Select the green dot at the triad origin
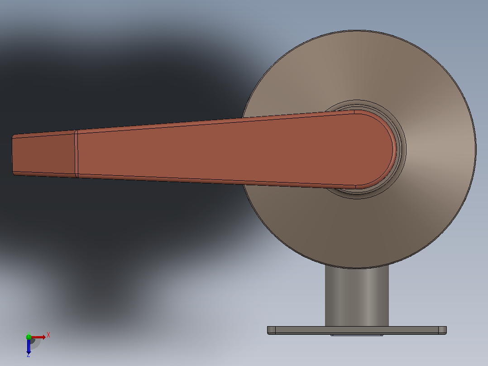click(29, 337)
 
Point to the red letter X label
click(48, 335)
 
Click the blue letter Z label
click(29, 355)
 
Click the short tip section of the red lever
click(43, 154)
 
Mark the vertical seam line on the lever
click(76, 154)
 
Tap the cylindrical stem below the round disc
click(357, 296)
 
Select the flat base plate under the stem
click(357, 330)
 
